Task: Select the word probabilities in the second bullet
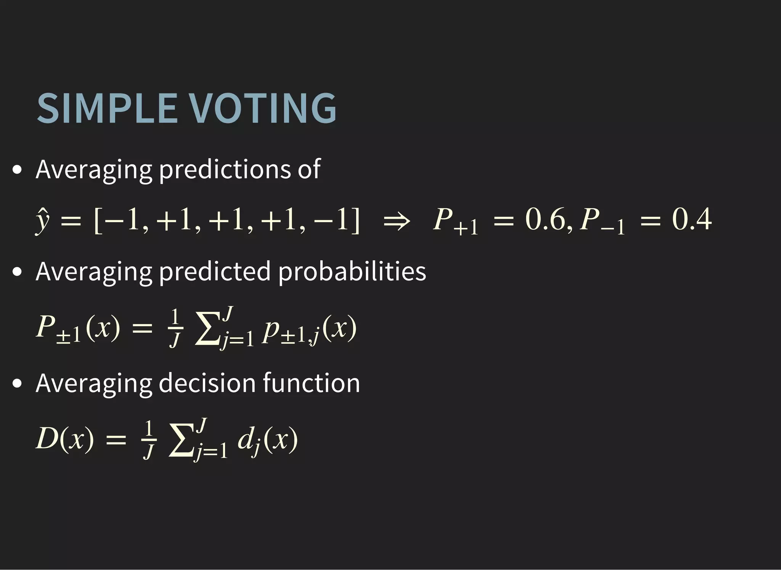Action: [x=352, y=272]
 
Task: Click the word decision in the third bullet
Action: [x=207, y=383]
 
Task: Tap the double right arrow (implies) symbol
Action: [x=397, y=221]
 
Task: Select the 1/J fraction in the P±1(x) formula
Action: [x=175, y=328]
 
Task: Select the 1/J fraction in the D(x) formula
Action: [x=149, y=440]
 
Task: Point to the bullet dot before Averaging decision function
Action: [x=17, y=383]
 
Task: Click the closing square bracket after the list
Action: [x=355, y=221]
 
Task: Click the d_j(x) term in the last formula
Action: [x=267, y=441]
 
